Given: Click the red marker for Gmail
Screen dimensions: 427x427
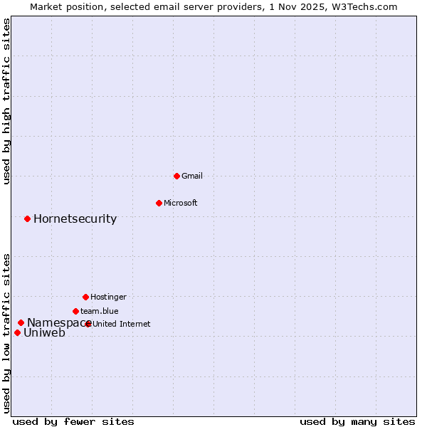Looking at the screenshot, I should pyautogui.click(x=176, y=176).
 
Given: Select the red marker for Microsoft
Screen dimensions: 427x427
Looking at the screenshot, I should pyautogui.click(x=159, y=203).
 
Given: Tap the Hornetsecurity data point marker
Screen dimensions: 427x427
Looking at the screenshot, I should pyautogui.click(x=27, y=218).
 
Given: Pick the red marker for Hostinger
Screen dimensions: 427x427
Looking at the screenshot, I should pyautogui.click(x=85, y=297).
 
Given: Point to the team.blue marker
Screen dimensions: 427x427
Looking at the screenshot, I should pyautogui.click(x=75, y=311).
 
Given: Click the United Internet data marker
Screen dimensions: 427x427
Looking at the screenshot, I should pyautogui.click(x=88, y=324).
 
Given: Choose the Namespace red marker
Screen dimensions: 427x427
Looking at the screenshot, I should pyautogui.click(x=21, y=322).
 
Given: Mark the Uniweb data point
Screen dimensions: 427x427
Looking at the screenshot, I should pyautogui.click(x=17, y=332).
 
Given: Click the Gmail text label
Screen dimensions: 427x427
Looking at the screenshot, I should pyautogui.click(x=192, y=176).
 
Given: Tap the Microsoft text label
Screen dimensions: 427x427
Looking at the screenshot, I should pyautogui.click(x=181, y=203).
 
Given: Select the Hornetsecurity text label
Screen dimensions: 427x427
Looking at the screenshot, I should pyautogui.click(x=75, y=218).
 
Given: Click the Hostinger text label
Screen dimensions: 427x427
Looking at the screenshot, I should pyautogui.click(x=108, y=297).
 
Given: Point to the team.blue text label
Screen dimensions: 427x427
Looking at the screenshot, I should pyautogui.click(x=100, y=311).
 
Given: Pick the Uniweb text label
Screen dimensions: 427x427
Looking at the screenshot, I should pyautogui.click(x=44, y=332).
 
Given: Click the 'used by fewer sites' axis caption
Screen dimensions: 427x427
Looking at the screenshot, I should pyautogui.click(x=73, y=421).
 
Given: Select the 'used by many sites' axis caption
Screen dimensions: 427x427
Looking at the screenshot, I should pyautogui.click(x=357, y=421).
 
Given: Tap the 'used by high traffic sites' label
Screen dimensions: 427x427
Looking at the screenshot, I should pyautogui.click(x=6, y=101).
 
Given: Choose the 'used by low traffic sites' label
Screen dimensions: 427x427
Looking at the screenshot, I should pyautogui.click(x=6, y=332).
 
